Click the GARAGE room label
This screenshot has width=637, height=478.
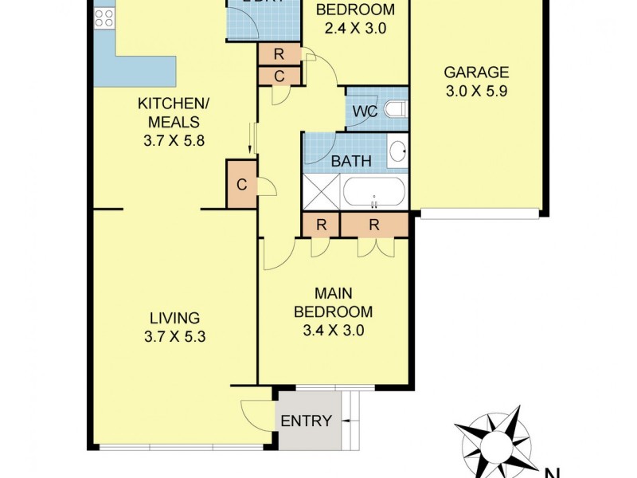(x=475, y=71)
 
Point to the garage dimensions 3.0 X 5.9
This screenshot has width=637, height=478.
(x=475, y=90)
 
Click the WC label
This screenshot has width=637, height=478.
(x=365, y=111)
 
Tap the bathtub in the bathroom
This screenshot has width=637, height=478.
(x=374, y=194)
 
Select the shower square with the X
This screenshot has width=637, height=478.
(x=321, y=194)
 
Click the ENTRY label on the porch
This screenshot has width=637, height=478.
(x=307, y=421)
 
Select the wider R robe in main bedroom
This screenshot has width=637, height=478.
(x=374, y=225)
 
